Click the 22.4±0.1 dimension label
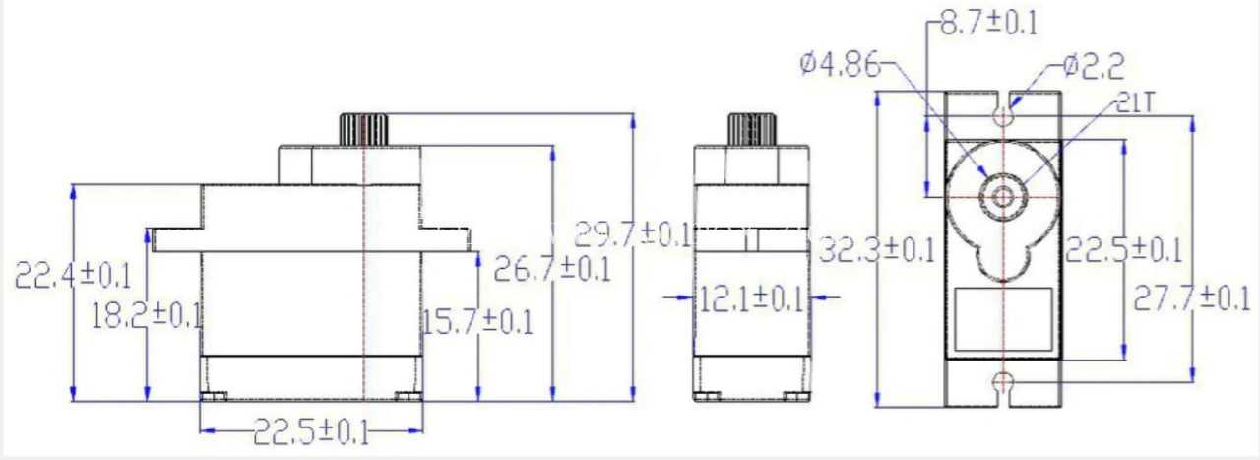point(73,276)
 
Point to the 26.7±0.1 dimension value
point(552,269)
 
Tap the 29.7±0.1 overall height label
point(632,234)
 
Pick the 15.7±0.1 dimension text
point(477,322)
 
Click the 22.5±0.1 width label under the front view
point(311,432)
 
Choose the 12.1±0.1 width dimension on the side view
point(751,298)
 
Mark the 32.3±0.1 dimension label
point(876,250)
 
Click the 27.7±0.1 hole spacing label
point(1191,298)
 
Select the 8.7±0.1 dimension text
point(988,23)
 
